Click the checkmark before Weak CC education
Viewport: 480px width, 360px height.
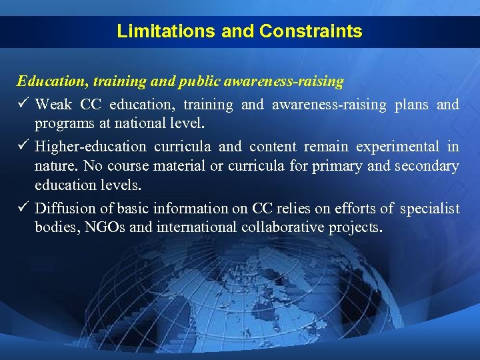coord(23,104)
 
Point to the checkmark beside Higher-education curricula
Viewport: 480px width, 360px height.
coord(23,146)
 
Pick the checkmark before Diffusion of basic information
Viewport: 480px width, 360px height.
coord(23,208)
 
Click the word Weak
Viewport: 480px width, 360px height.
coord(53,105)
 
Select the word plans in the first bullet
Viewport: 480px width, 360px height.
coord(412,105)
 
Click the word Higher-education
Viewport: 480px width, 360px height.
coord(90,147)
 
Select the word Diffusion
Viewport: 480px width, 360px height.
coord(63,209)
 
